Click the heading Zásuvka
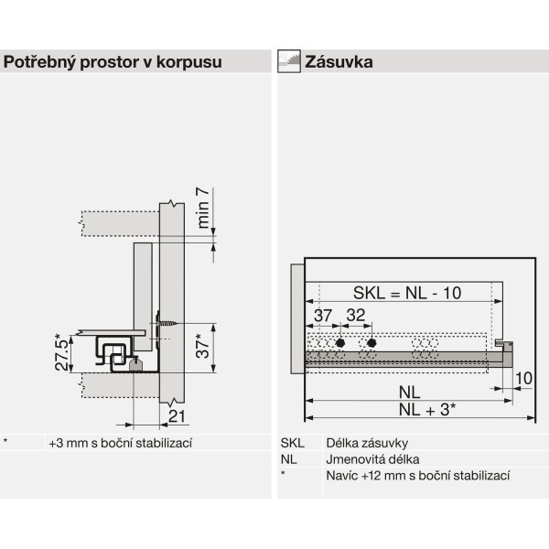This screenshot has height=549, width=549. (x=339, y=62)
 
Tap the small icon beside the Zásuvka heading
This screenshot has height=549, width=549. (x=289, y=61)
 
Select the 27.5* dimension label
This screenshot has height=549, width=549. (x=60, y=352)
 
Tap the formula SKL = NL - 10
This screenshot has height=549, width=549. (x=407, y=294)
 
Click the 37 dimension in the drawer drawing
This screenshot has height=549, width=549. (x=323, y=316)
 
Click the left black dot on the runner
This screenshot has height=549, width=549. (x=339, y=342)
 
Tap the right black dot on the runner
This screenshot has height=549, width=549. (x=371, y=342)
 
